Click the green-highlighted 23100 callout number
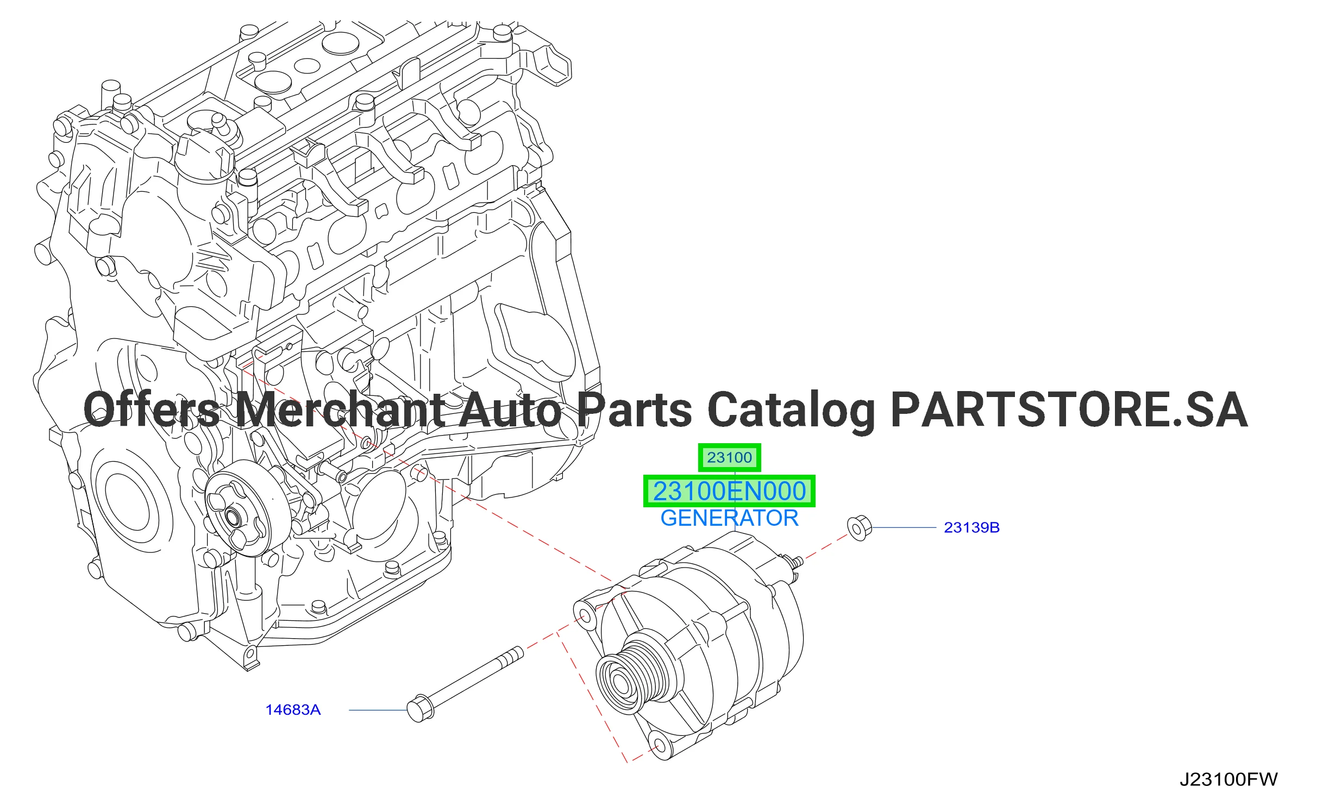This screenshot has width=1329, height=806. pos(729,457)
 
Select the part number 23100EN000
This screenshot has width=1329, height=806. pos(729,491)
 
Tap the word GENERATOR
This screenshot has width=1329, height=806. pos(729,518)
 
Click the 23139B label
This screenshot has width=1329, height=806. pos(971,527)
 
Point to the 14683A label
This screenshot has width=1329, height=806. pos(293,710)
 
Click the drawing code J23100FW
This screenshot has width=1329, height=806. pos(1228,779)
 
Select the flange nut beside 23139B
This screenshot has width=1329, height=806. pos(860,528)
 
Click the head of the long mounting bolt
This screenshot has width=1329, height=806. pos(420,709)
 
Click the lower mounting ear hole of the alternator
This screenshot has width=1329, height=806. pos(659,746)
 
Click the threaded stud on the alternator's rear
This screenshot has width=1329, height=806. pos(793,563)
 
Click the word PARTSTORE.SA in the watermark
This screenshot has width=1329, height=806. pos(1069,410)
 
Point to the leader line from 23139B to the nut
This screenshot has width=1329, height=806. pos(904,527)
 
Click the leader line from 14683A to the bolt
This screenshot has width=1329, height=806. pos(378,710)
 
